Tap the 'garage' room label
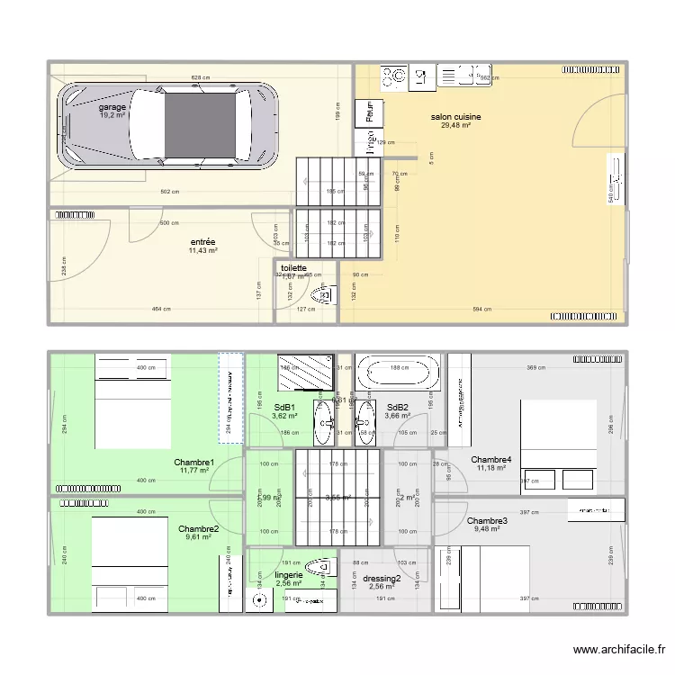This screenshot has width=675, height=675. click(x=112, y=107)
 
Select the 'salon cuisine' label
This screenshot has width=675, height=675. click(x=455, y=117)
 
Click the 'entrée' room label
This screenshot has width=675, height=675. click(x=202, y=242)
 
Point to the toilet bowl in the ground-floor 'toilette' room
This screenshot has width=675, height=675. click(x=321, y=293)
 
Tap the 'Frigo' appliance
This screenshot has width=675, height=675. click(x=369, y=140)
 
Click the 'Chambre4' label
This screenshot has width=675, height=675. click(x=491, y=458)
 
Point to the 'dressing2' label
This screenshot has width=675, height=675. click(x=382, y=579)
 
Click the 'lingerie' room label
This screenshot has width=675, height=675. click(x=289, y=574)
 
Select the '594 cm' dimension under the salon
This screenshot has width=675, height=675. click(x=481, y=310)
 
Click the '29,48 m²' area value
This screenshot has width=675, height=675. click(x=455, y=126)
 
